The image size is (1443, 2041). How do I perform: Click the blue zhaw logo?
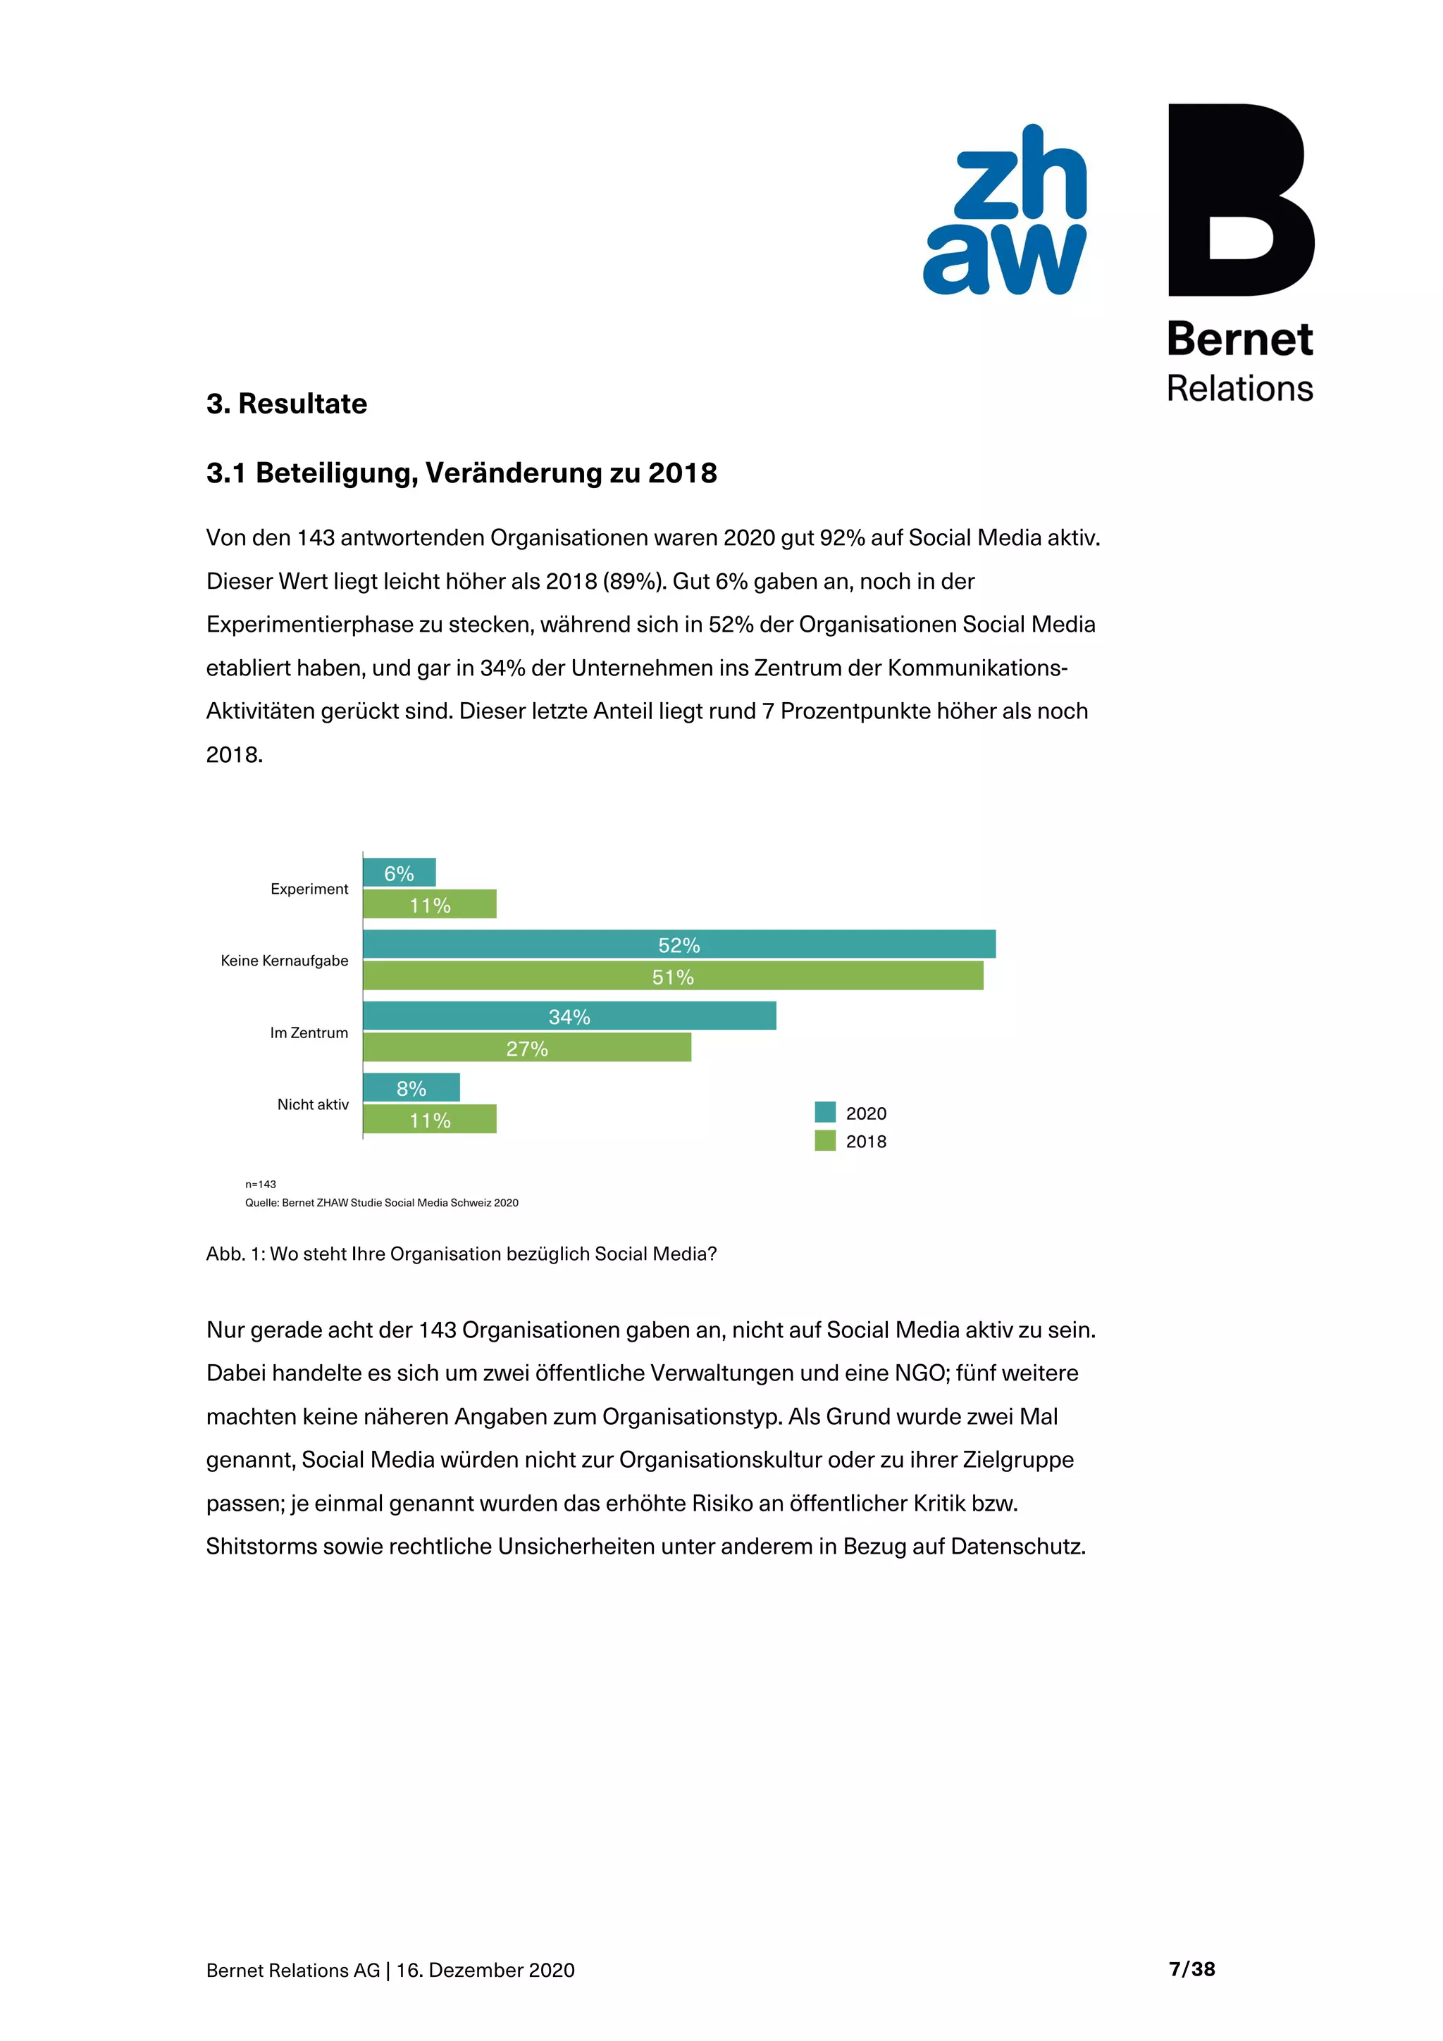[1005, 211]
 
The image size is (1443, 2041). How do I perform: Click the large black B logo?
[1239, 200]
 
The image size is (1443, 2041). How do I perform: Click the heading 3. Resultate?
[286, 404]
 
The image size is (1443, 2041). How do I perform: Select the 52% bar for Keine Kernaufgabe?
[679, 944]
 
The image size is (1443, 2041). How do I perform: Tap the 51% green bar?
[672, 976]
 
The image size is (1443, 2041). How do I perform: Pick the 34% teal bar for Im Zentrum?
[569, 1016]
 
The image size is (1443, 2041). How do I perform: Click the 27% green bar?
[526, 1048]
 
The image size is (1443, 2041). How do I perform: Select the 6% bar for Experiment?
[400, 873]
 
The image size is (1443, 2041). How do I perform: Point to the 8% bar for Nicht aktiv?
[411, 1088]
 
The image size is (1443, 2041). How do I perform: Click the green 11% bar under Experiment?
[429, 905]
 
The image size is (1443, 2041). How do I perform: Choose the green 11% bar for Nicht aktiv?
[429, 1120]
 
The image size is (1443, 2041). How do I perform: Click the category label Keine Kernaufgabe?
[285, 961]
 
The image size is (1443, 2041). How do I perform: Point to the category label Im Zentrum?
[309, 1033]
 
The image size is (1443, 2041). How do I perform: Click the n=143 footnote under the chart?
[261, 1184]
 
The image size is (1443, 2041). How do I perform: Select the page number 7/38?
[1191, 1969]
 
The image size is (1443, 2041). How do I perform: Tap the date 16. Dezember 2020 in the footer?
[485, 1970]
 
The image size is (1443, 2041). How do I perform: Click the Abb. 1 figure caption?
[461, 1254]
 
